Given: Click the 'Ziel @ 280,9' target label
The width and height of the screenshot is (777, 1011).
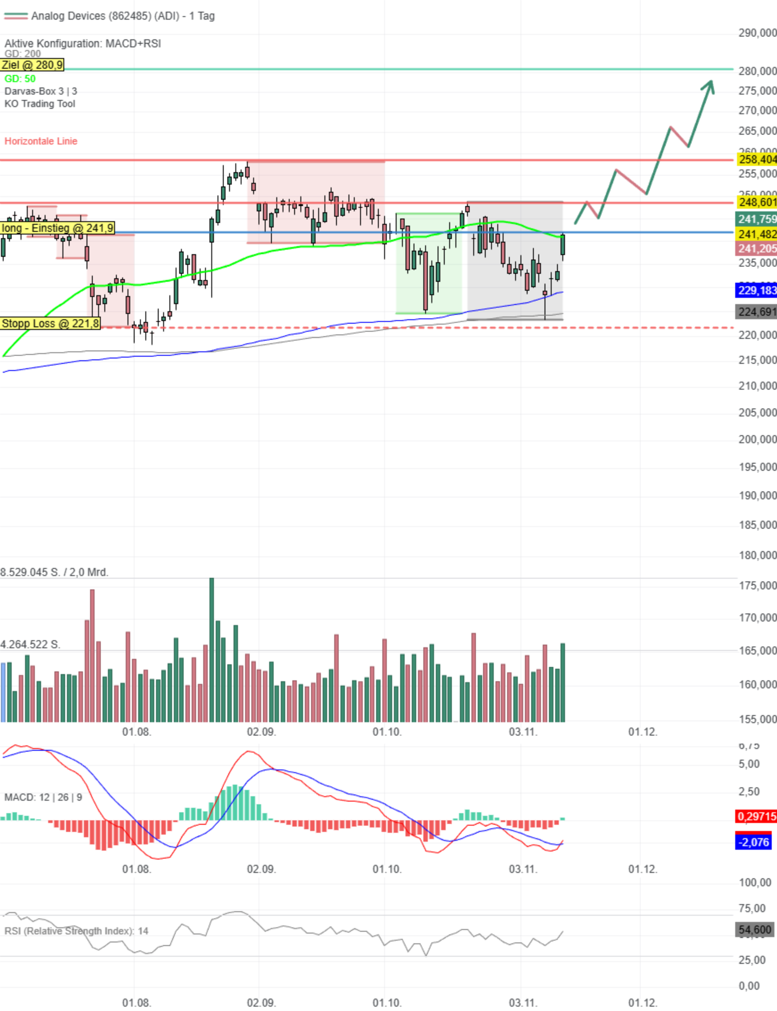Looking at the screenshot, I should click(32, 65).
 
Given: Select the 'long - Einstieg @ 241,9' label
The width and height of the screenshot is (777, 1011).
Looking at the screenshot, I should click(57, 228).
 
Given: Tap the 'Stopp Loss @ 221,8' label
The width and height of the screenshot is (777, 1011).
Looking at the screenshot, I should click(50, 324).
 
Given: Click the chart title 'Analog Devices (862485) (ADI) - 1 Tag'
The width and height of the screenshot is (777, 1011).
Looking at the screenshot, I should click(123, 16).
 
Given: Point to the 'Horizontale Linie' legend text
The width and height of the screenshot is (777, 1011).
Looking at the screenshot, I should click(41, 141).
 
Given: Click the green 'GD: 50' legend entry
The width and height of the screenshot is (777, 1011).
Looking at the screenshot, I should click(20, 78).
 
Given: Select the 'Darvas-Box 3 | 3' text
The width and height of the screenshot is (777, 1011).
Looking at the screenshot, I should click(41, 91).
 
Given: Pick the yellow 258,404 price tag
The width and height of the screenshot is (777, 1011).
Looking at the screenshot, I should click(756, 160).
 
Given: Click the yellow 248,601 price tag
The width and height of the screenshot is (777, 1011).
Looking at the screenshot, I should click(756, 202).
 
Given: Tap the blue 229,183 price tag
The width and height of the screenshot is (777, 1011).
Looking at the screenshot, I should click(756, 291).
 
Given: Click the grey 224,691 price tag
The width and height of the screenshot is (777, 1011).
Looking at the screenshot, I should click(756, 312).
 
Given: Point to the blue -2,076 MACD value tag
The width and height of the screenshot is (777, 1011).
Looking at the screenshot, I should click(753, 842).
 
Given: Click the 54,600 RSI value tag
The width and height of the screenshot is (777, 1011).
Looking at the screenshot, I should click(755, 929).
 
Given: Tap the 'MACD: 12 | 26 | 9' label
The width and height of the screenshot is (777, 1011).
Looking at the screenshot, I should click(43, 797).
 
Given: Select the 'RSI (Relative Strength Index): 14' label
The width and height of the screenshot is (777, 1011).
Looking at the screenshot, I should click(76, 931).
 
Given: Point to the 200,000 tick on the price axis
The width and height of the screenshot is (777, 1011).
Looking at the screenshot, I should click(757, 440).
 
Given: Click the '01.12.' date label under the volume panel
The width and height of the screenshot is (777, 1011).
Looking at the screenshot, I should click(642, 732).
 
